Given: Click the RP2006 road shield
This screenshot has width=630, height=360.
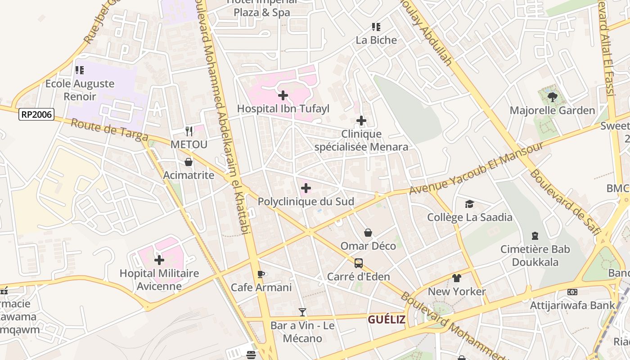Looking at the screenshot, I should pos(36,115).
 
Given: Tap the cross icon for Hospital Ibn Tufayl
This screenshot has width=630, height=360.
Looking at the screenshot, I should pos(283,95).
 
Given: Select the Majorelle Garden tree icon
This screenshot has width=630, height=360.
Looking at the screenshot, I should pos(552,97).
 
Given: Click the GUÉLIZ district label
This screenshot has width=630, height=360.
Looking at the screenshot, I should pos(387,319).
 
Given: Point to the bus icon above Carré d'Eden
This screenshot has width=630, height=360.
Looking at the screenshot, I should pos(358,263).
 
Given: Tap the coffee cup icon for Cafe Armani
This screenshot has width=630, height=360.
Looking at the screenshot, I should pos(261,274).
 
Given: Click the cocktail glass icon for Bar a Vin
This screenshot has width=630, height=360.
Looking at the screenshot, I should pos(302,312).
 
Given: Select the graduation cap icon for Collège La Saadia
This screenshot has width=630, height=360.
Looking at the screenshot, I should pos(469,204).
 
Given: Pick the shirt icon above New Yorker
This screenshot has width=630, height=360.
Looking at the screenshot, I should pos(457,278).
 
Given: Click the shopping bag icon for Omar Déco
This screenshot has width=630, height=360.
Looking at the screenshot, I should pos(368,233).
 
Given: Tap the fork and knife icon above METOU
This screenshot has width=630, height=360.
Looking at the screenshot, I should pos(189,131).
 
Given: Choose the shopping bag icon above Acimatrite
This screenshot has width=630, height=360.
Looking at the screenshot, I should pos(189,162).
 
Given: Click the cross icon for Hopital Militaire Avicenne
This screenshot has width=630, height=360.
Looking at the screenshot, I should pos(159,260).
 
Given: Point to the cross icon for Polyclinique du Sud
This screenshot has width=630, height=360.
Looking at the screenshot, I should pos(306,188).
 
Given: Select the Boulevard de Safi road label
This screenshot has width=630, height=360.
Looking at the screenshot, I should pos(566,202).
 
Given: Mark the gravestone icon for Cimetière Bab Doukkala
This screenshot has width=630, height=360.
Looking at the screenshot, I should pos(535,236).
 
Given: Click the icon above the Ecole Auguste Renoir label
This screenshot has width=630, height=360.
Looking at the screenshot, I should pos(80,70).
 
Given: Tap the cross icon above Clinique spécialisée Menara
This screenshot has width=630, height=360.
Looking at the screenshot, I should pos(361,121).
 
